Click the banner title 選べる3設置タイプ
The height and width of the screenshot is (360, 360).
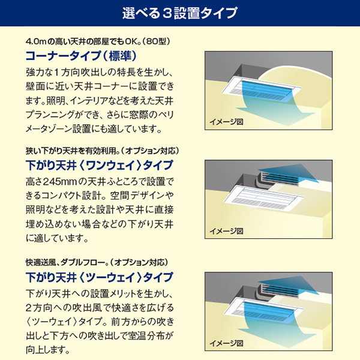179,13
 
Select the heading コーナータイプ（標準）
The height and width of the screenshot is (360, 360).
81,56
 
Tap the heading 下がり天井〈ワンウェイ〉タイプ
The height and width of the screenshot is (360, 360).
99,166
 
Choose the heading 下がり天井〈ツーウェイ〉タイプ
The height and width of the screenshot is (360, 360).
99,277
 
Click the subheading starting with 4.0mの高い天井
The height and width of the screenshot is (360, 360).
98,41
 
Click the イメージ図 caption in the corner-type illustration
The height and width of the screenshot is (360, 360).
226,122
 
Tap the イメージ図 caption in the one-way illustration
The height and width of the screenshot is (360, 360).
226,231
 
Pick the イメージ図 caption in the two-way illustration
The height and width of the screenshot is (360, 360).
226,343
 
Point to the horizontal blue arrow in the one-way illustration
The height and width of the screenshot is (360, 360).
290,173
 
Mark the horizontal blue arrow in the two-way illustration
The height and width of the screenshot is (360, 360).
290,285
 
